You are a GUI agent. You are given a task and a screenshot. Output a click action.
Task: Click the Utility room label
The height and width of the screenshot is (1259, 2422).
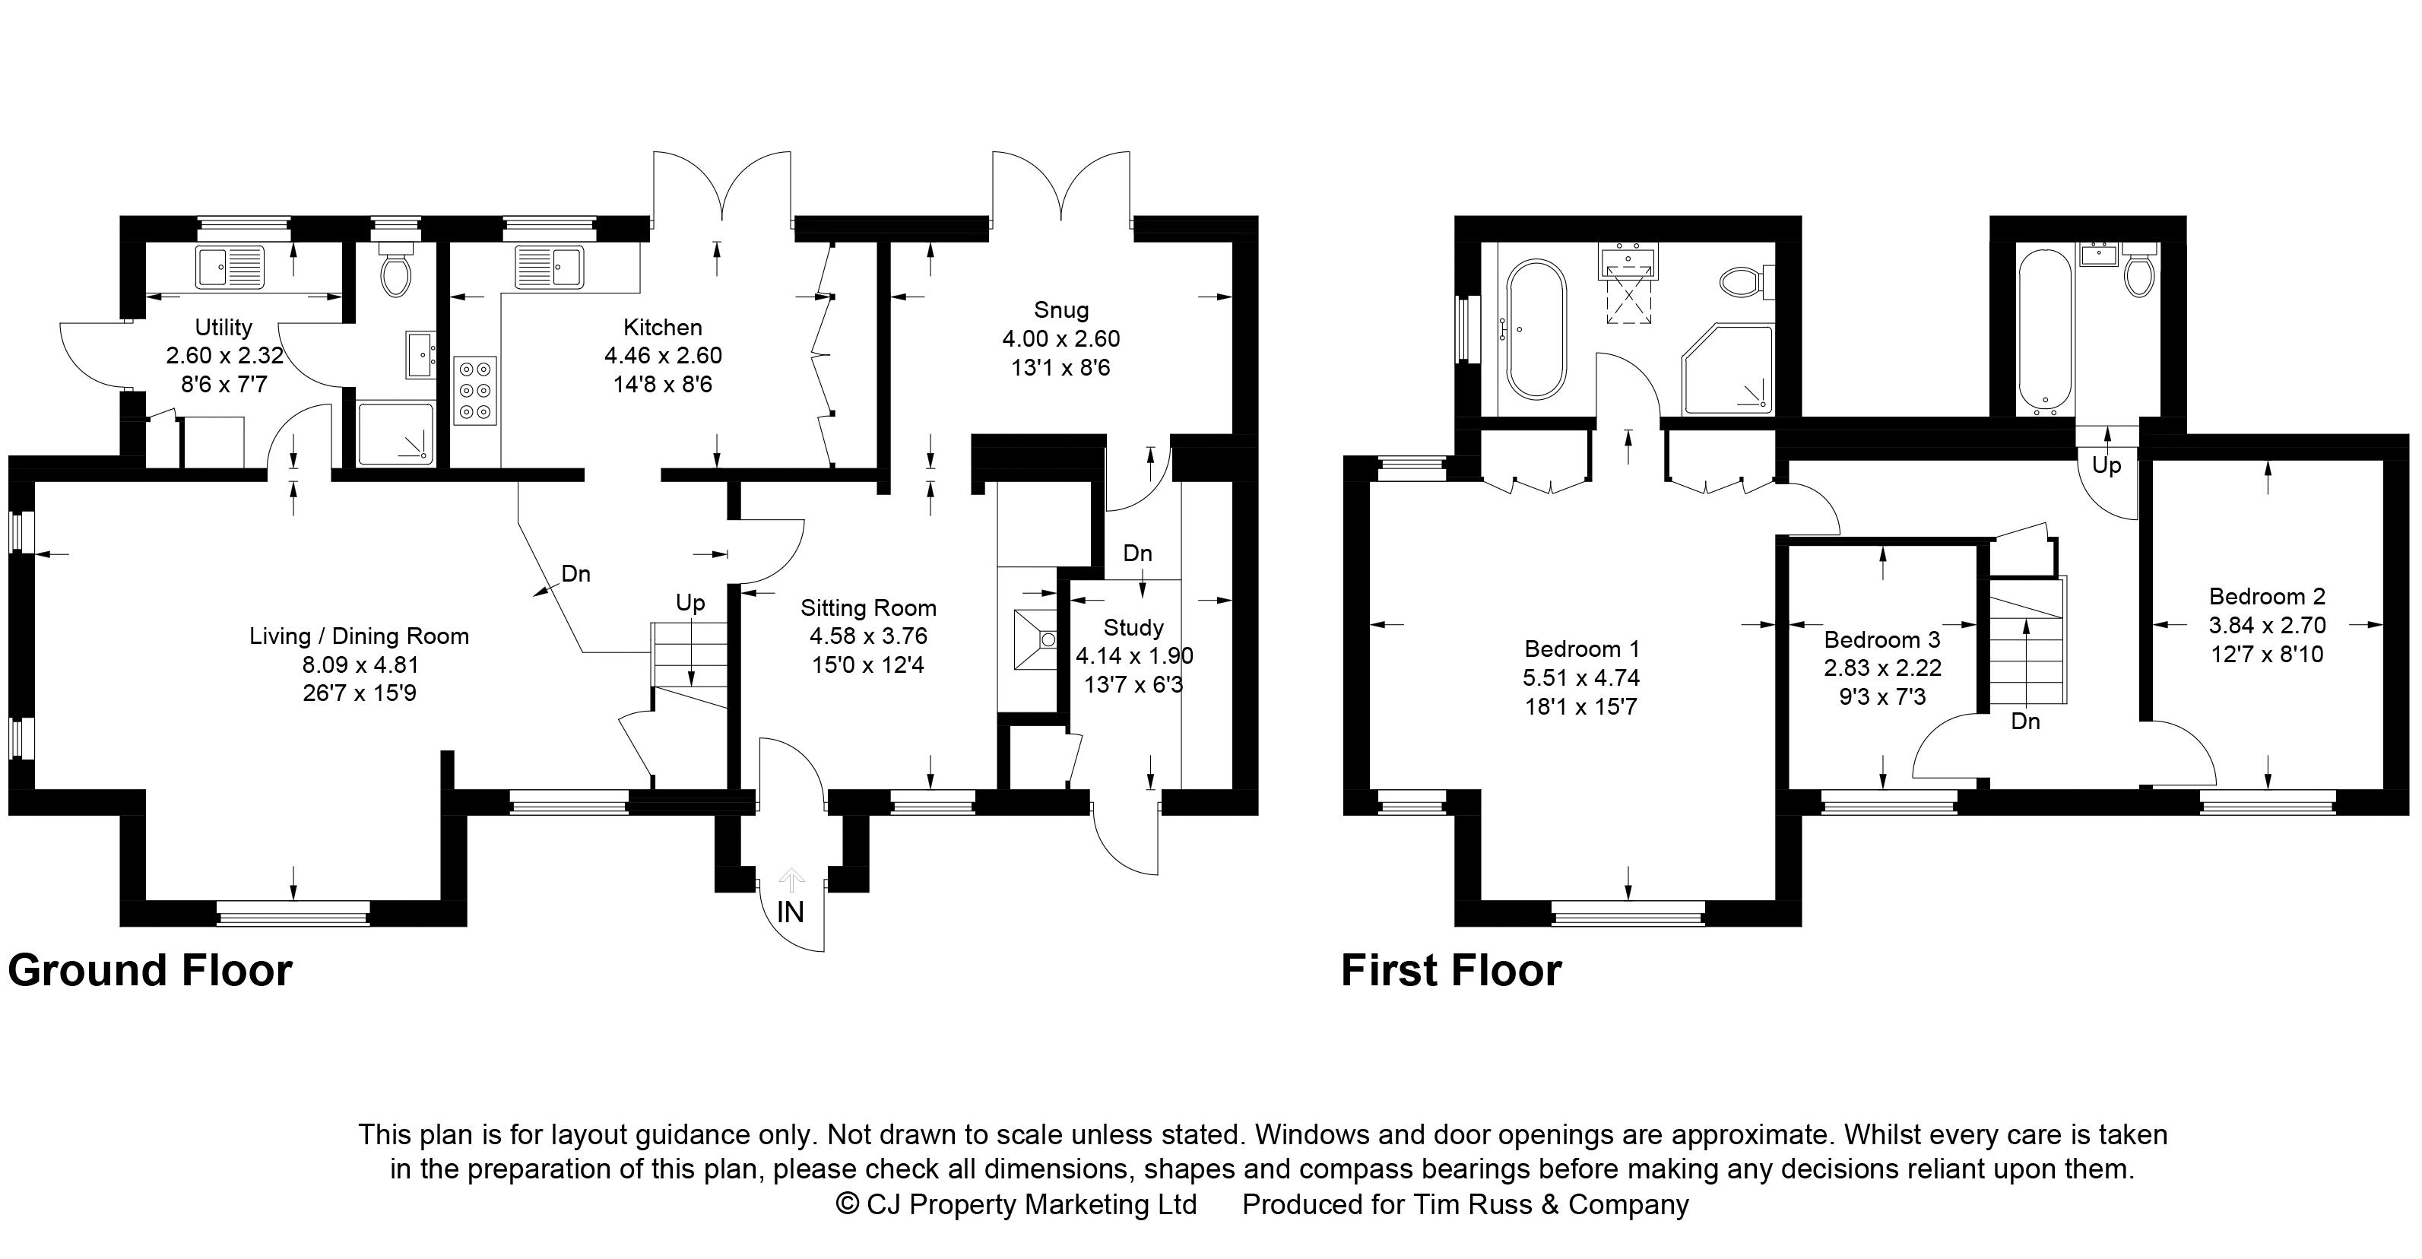(x=223, y=327)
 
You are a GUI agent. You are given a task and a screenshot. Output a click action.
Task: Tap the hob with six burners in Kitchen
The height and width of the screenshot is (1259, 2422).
(x=475, y=390)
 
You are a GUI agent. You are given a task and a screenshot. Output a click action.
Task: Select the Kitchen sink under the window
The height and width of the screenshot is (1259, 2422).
(x=549, y=266)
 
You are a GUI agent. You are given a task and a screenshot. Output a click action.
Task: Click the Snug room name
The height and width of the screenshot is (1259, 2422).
(x=1060, y=309)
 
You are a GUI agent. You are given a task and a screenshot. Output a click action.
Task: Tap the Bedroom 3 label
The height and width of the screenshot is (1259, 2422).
(x=1881, y=639)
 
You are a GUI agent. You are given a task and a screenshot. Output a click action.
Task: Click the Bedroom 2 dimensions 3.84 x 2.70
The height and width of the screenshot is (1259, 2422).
(x=2266, y=624)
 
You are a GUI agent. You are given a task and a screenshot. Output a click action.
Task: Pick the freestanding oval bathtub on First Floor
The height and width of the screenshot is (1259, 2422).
(x=1536, y=330)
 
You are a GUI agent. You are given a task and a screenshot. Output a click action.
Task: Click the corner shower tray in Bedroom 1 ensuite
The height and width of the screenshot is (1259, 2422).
(x=1728, y=369)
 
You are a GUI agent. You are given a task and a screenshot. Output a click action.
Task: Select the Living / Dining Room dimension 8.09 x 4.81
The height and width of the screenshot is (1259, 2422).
(x=359, y=664)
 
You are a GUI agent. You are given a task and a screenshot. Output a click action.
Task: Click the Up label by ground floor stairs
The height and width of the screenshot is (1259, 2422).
(x=690, y=603)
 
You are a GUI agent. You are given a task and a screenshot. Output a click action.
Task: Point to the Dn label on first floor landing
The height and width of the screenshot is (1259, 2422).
(x=2025, y=721)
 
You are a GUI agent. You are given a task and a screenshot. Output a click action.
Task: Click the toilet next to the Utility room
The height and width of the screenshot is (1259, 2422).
(x=396, y=273)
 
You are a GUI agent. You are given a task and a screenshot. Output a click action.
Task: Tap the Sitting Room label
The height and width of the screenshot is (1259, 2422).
(x=868, y=608)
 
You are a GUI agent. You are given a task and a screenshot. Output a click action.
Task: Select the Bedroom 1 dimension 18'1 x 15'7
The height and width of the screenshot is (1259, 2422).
(x=1581, y=706)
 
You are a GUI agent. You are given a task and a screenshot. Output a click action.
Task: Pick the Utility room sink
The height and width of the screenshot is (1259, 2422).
(x=231, y=266)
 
